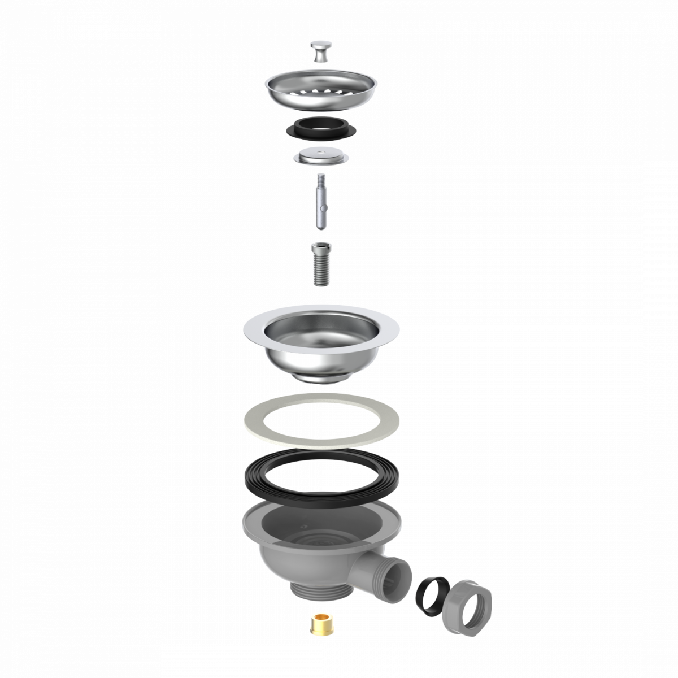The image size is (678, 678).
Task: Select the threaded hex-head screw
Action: point(320,264)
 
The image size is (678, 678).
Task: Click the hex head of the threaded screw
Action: point(320,248)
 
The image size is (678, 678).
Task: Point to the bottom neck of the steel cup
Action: point(321,377)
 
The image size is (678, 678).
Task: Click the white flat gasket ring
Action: point(321,421)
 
